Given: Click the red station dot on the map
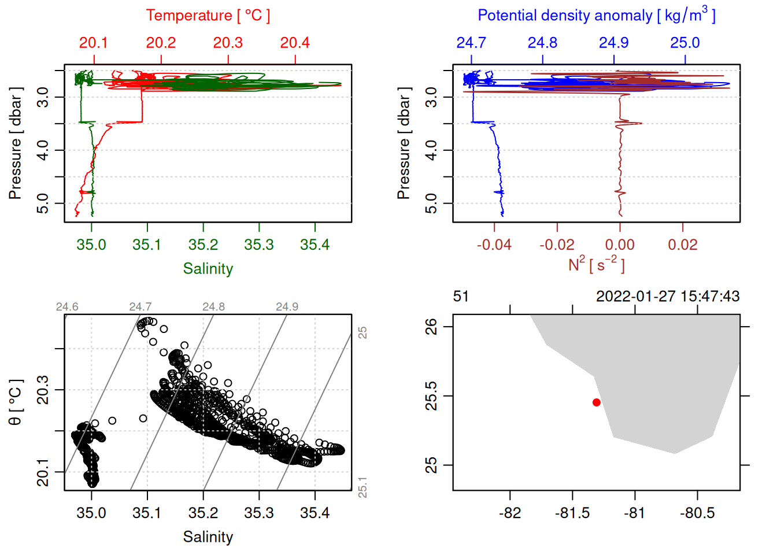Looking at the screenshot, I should (x=596, y=402).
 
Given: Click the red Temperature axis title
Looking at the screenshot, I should (x=208, y=16).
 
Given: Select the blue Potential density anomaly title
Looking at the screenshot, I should (x=596, y=15).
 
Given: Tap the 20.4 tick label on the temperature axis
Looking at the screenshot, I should (x=295, y=43).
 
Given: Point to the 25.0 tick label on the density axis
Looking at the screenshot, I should (x=684, y=43).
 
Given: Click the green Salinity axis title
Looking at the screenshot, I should (x=208, y=269).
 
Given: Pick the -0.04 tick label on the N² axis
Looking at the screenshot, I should (x=494, y=245).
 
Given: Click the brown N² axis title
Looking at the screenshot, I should (x=596, y=265).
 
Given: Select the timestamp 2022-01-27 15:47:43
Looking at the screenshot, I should (x=668, y=297).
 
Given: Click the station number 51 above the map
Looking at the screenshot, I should (x=461, y=297).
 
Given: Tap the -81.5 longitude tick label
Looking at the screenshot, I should (x=572, y=513).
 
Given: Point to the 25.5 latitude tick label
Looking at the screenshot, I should (x=431, y=396).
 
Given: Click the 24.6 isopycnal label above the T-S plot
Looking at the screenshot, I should (x=67, y=306).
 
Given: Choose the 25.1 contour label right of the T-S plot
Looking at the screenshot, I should (x=362, y=487).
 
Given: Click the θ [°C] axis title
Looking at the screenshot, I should (x=15, y=402).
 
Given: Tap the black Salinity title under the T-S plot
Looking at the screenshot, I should (x=208, y=537).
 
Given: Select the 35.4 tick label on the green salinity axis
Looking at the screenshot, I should (x=314, y=245).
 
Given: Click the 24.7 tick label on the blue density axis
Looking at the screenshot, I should (x=471, y=43).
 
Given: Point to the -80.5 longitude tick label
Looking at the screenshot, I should (x=697, y=513).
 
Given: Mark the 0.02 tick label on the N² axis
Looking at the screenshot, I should (x=683, y=245).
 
